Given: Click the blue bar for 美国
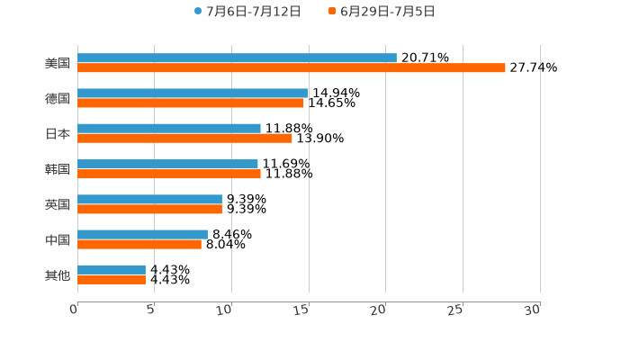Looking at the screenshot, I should [x=237, y=58].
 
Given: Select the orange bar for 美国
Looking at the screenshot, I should [x=292, y=68].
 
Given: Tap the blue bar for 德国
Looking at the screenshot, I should [x=193, y=93].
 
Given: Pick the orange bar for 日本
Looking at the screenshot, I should [x=184, y=139].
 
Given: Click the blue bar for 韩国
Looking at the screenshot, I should [x=167, y=164].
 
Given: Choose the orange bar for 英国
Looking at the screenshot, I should [x=149, y=210].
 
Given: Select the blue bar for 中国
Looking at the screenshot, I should [x=142, y=234].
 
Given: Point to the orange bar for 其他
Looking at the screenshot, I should [x=112, y=280].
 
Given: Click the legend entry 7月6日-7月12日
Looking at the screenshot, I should [x=245, y=12].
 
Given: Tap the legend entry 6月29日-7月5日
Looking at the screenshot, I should [x=387, y=12].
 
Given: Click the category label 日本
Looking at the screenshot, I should [x=58, y=133].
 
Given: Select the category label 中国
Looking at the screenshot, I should [x=58, y=239].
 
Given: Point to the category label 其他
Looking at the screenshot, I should [x=58, y=274].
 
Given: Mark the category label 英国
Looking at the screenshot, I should [x=58, y=204].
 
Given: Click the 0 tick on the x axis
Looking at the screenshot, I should [x=74, y=310].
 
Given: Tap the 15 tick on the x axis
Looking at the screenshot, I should [x=303, y=310].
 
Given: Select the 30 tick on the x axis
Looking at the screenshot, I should [x=533, y=310].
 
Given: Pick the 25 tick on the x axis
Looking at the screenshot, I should [x=456, y=310].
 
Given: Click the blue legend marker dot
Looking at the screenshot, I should [x=198, y=12].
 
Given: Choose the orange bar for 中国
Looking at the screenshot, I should [x=139, y=245].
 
